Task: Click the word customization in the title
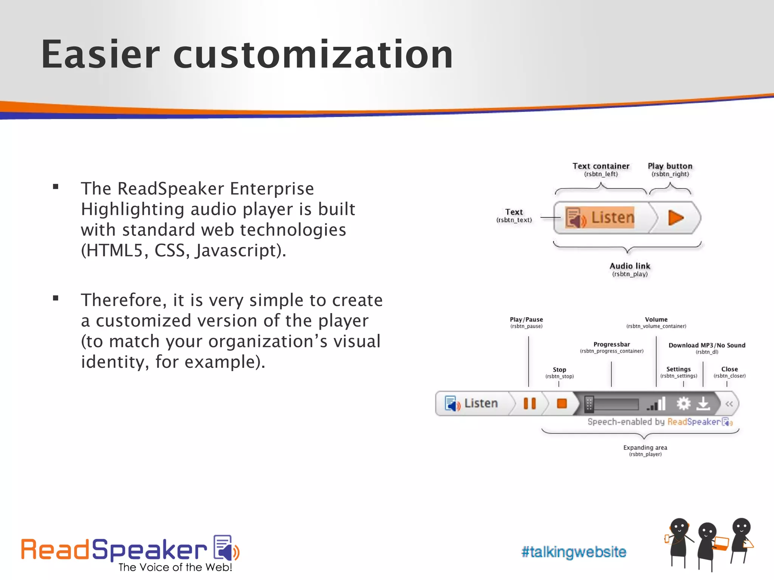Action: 313,55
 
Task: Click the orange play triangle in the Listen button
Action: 675,218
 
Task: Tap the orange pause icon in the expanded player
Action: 529,404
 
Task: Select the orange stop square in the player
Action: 562,404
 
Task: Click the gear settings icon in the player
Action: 683,404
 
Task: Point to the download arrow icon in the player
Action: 703,404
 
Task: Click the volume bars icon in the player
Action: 656,404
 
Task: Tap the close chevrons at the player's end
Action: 729,404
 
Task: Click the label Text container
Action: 601,166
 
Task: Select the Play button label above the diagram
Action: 670,166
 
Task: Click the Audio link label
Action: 630,266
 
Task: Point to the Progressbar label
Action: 611,344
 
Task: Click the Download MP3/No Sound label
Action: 707,345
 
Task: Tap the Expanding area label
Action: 645,447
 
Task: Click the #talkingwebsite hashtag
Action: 574,552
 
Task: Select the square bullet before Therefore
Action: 56,298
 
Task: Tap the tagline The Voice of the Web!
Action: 175,567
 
